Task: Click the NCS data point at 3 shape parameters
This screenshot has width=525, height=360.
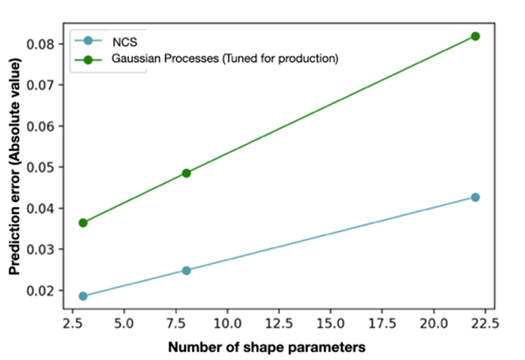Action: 83,296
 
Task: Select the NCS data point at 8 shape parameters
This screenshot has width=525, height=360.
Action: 186,270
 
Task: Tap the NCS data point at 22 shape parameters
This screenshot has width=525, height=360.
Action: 475,197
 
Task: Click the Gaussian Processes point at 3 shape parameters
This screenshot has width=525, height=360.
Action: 83,223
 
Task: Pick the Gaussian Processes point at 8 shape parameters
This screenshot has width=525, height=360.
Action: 186,173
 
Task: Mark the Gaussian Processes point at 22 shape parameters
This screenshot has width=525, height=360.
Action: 475,36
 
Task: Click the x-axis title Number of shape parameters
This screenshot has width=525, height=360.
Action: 268,348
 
